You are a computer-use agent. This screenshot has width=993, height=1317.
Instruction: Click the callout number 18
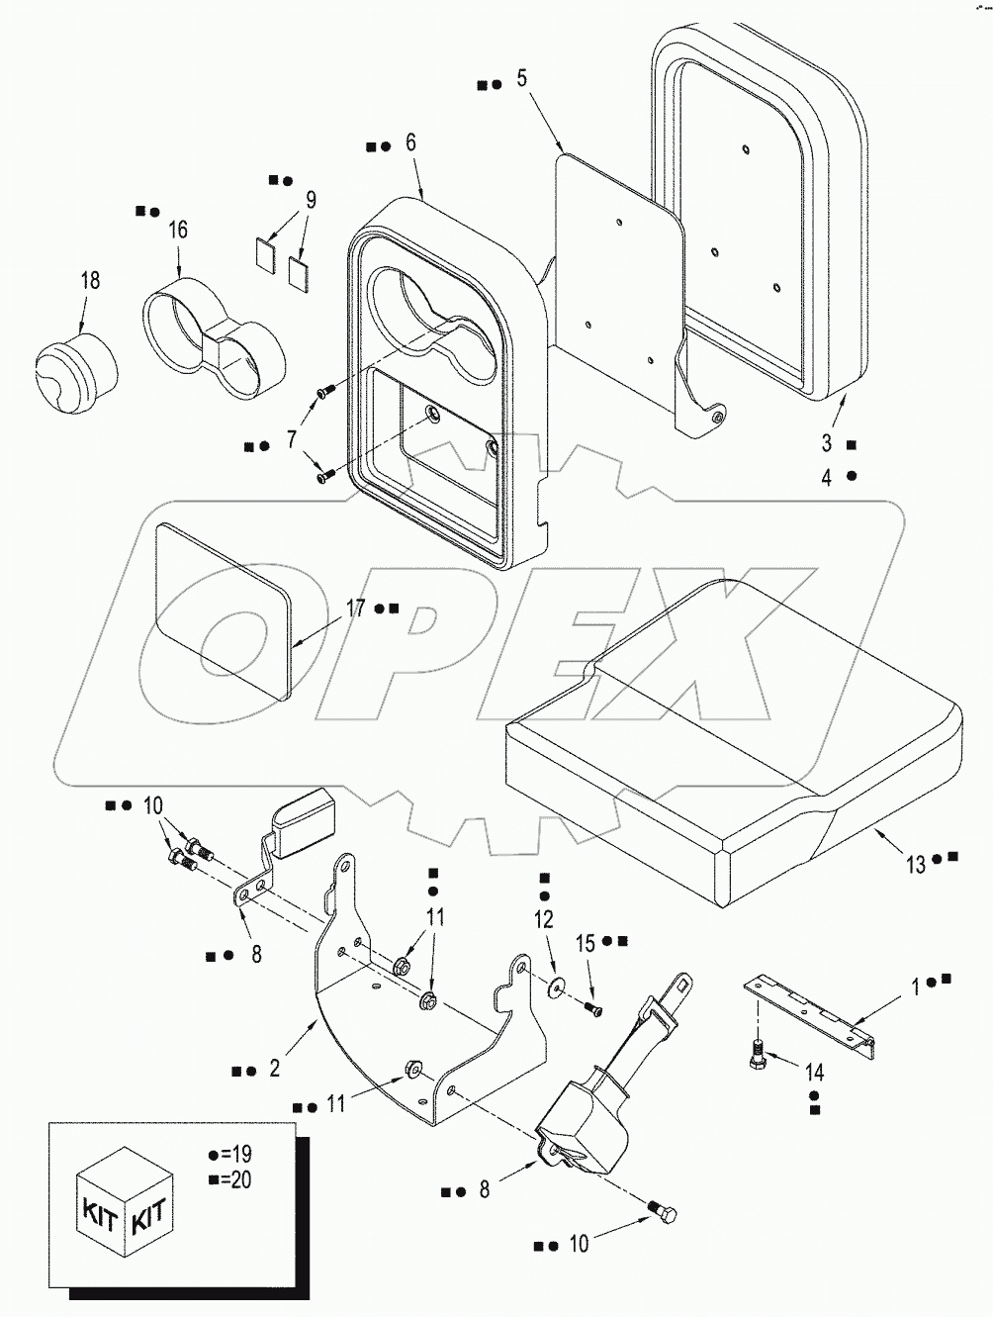click(x=89, y=281)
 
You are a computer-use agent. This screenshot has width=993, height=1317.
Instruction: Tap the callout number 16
click(x=177, y=231)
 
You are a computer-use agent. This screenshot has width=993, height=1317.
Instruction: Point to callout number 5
click(x=522, y=78)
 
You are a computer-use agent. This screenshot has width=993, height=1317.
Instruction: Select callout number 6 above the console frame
click(x=411, y=142)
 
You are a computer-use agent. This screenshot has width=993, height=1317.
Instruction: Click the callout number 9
click(x=311, y=201)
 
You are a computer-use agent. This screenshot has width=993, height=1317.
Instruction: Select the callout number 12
click(x=543, y=920)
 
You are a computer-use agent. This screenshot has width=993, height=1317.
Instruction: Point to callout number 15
click(x=586, y=944)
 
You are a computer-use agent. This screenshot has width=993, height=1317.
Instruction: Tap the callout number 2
click(x=274, y=1069)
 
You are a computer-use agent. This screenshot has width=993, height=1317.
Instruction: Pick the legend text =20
click(x=235, y=1177)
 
